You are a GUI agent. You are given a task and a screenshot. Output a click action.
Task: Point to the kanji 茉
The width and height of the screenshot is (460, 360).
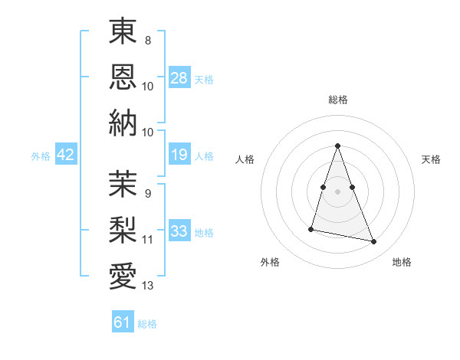(123, 183)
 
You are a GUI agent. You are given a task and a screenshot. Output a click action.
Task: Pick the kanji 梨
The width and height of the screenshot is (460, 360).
(123, 229)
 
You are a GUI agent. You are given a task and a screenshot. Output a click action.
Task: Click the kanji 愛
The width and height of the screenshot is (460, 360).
(123, 275)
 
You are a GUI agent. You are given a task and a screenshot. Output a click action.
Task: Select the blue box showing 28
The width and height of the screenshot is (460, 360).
(179, 78)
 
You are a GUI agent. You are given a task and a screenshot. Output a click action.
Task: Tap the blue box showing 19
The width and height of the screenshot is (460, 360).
(179, 155)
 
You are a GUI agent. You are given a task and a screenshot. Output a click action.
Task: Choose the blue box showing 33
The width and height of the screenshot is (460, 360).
(179, 231)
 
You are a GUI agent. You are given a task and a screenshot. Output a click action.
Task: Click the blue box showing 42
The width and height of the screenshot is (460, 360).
(66, 155)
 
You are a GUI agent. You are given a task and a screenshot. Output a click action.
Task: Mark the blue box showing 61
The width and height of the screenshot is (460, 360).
(123, 322)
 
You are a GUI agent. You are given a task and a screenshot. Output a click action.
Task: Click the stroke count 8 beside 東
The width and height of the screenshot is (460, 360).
(147, 40)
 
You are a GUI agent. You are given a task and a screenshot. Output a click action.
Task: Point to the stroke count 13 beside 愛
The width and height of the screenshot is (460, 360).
(147, 286)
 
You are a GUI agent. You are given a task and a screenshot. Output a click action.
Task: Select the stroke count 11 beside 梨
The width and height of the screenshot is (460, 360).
(147, 240)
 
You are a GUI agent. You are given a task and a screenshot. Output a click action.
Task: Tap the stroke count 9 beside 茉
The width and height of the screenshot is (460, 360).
(147, 194)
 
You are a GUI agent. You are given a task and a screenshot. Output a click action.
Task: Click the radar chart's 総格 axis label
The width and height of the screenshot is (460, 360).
(337, 100)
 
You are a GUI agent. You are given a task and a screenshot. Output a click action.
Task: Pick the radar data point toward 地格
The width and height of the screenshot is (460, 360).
(374, 242)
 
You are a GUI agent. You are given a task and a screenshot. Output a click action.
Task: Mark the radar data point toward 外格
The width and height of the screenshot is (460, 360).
(311, 228)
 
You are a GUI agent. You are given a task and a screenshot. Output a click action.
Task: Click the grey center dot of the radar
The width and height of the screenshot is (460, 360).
(337, 191)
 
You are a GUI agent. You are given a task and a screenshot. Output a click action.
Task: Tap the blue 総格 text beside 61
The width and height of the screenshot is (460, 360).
(147, 324)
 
